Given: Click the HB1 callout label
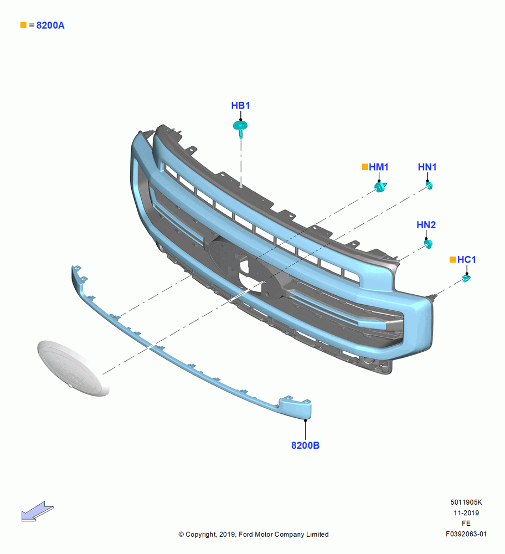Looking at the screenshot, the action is tap(240, 106).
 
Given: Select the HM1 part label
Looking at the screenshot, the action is tap(379, 167).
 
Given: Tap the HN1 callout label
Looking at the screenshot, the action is tap(427, 167).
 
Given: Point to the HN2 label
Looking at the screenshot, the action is tap(426, 225).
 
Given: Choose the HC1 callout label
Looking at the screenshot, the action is tap(466, 260).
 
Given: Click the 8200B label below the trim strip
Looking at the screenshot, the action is tap(306, 445).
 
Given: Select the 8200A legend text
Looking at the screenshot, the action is tap(50, 25).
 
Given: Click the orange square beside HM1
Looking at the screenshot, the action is tap(365, 167).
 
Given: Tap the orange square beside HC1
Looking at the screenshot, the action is tap(452, 260).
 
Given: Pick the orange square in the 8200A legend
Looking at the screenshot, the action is tap(23, 25).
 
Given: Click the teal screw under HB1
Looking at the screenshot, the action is tap(240, 129).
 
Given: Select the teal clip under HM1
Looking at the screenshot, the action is tap(380, 187).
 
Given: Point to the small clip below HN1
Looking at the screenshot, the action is tap(430, 186).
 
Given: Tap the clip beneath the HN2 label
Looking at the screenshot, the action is tap(429, 244).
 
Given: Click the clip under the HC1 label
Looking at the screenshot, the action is tap(466, 279).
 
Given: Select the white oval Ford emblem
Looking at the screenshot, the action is tap(73, 368).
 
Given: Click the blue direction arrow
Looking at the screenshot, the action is tap(37, 511).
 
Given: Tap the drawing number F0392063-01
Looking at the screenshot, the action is tap(466, 534).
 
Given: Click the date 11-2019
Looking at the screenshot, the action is tap(466, 513).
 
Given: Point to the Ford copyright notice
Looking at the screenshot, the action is tap(254, 535).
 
